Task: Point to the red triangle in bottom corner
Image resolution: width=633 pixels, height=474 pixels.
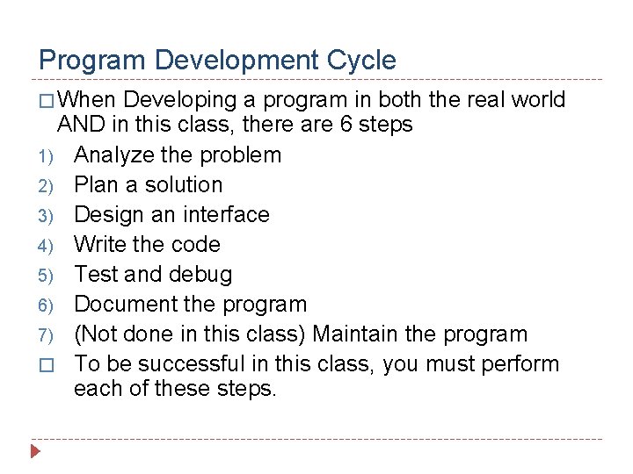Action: (x=35, y=453)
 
